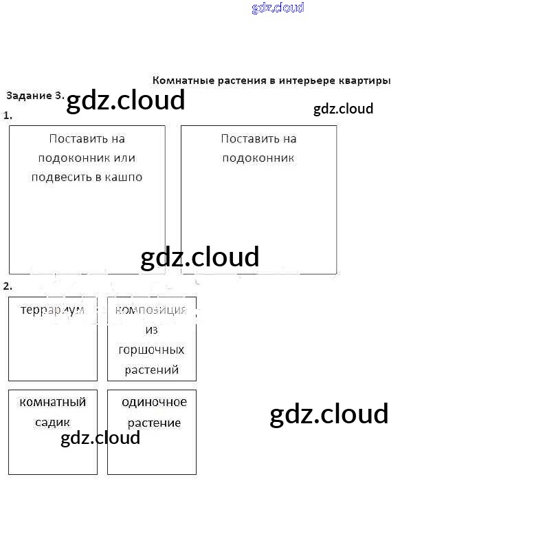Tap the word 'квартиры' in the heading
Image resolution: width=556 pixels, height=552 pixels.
click(364, 81)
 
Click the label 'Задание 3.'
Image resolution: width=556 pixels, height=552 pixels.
click(35, 95)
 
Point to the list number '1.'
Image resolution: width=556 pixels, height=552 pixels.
click(8, 116)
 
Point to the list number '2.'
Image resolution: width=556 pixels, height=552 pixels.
click(8, 286)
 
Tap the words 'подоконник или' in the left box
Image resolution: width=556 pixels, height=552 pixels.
click(87, 158)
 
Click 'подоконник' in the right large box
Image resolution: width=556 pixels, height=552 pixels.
click(258, 158)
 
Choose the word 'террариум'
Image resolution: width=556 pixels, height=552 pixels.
click(52, 310)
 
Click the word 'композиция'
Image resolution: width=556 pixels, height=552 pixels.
click(151, 310)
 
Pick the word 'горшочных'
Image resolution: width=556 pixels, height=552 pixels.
click(151, 350)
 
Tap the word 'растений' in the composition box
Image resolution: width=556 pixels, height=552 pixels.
click(151, 370)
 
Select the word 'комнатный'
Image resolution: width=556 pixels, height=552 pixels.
click(53, 402)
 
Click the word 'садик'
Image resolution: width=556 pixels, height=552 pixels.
click(53, 422)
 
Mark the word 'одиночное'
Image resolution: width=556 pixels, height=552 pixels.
click(154, 402)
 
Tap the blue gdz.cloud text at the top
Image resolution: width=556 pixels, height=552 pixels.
click(278, 8)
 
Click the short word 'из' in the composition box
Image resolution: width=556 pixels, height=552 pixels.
click(152, 330)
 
